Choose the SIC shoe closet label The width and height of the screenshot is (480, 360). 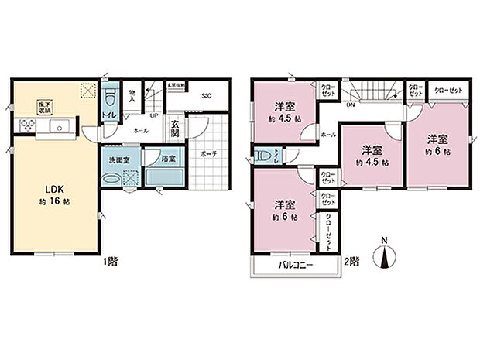pos(207,97)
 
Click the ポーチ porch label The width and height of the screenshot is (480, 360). pos(209,155)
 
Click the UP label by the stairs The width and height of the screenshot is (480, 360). pos(154,116)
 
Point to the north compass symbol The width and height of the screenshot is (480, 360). pos(385,255)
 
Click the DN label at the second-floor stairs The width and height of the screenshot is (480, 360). pos(351,103)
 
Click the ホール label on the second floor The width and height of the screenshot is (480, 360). pos(327,135)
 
